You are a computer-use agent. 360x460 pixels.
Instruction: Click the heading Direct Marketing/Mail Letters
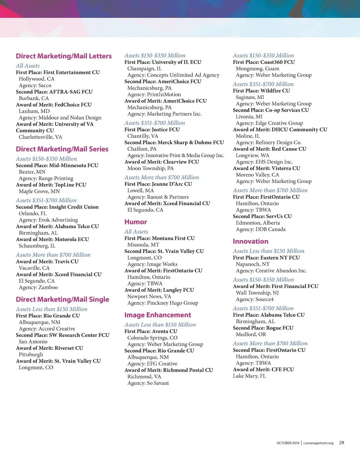[64, 56]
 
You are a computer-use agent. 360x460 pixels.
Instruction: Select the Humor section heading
[136, 222]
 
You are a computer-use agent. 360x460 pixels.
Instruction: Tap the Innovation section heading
[250, 241]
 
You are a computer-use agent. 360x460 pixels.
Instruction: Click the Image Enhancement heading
[157, 315]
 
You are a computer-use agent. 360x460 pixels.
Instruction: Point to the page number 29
[342, 443]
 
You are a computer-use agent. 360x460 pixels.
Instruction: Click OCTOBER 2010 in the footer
[288, 443]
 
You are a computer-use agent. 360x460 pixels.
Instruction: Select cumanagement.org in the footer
[318, 443]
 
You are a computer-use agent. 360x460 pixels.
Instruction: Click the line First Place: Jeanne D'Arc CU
[158, 184]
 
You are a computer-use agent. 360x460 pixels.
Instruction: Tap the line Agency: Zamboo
[38, 288]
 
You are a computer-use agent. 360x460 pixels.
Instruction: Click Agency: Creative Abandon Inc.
[271, 270]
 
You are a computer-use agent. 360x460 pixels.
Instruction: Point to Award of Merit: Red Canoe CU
[270, 149]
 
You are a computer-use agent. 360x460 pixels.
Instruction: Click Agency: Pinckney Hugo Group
[163, 303]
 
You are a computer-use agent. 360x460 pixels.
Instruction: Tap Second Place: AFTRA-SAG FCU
[54, 92]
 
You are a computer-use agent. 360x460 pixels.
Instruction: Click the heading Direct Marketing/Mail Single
[62, 299]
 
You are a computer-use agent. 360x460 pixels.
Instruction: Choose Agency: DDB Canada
[261, 229]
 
